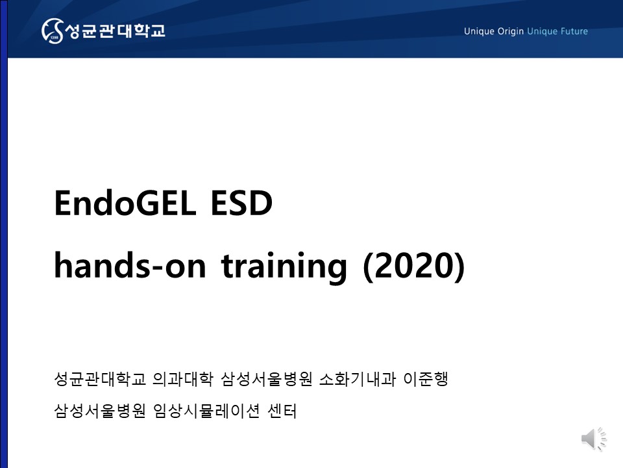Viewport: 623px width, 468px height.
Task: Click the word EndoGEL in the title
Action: pos(125,203)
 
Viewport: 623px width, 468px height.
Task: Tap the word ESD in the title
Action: pos(241,203)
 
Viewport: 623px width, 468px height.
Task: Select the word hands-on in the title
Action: pos(130,265)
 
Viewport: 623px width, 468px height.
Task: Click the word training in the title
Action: pos(284,266)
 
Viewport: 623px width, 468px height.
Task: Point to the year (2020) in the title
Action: pos(413,266)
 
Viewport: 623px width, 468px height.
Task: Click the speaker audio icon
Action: pos(594,439)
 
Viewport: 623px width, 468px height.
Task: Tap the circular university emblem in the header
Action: pos(53,31)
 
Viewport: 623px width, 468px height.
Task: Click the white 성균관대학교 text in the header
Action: pos(115,31)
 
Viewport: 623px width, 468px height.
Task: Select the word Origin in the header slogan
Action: pos(511,31)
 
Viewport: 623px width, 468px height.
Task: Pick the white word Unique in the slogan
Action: pos(479,31)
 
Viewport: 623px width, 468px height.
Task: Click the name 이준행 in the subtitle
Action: pos(426,378)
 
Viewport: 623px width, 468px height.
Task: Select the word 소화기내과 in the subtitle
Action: pos(358,378)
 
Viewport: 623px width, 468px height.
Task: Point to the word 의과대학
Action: pos(183,378)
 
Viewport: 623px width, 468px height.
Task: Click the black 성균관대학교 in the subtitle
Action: pos(100,378)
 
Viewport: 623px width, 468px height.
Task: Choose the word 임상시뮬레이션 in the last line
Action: pos(206,411)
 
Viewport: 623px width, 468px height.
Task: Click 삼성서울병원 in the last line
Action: pos(100,411)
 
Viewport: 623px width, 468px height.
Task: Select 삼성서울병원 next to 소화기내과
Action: pos(267,378)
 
